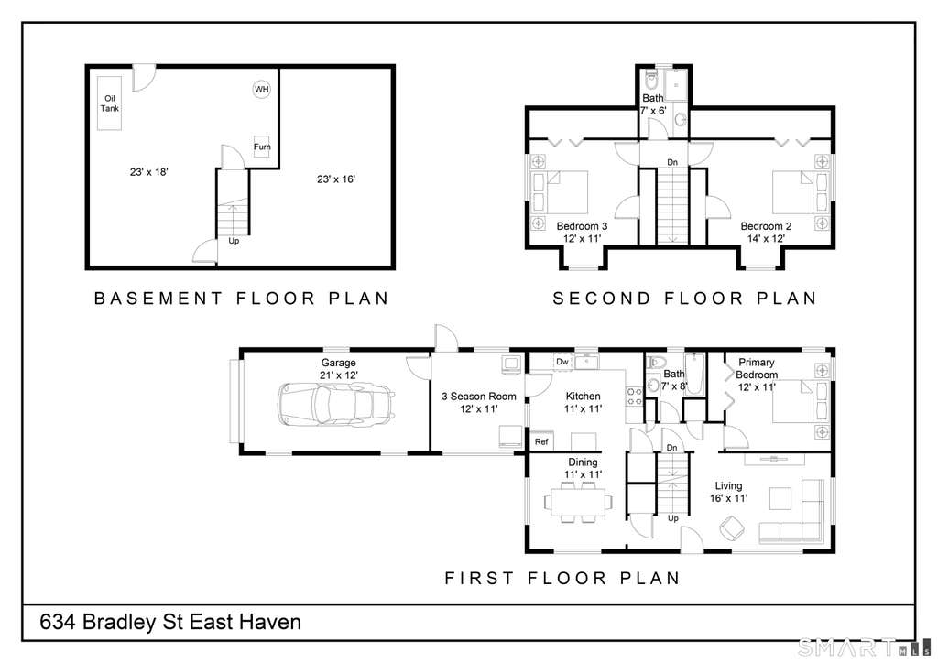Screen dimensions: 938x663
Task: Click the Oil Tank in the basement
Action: (110, 103)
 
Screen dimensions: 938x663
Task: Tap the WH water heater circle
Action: (261, 90)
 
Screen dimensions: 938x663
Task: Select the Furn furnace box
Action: (261, 147)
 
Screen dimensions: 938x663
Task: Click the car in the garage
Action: (335, 404)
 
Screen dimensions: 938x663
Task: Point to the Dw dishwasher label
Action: (562, 362)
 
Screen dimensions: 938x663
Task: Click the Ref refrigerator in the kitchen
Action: (541, 440)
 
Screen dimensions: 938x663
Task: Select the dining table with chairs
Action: (579, 501)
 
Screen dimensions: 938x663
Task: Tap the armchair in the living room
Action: (732, 527)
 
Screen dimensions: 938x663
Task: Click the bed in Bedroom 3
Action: (560, 192)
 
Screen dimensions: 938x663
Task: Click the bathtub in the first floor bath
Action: (694, 375)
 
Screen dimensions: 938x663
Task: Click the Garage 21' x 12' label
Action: (339, 369)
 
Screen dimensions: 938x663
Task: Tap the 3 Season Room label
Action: (478, 396)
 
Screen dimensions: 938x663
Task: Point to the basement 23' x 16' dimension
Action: (336, 179)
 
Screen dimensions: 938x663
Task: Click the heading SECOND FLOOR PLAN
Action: (684, 298)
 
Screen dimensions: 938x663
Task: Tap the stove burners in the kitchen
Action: (634, 397)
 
